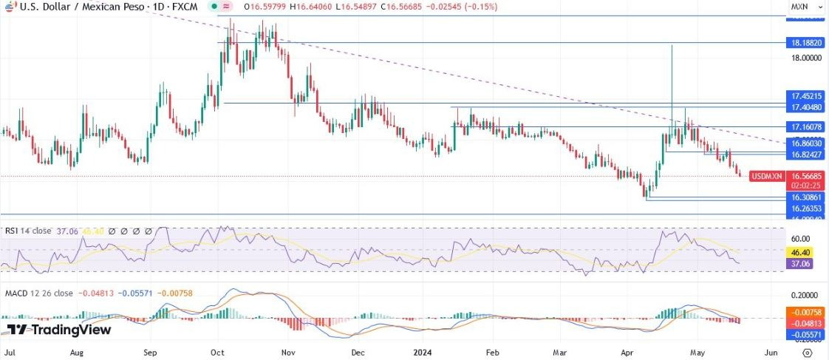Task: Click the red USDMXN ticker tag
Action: (766, 177)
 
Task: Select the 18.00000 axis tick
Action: (806, 58)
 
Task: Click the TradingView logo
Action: (59, 330)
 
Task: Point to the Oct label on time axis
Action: (218, 353)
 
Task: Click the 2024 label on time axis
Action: (423, 353)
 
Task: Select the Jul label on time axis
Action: (10, 353)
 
